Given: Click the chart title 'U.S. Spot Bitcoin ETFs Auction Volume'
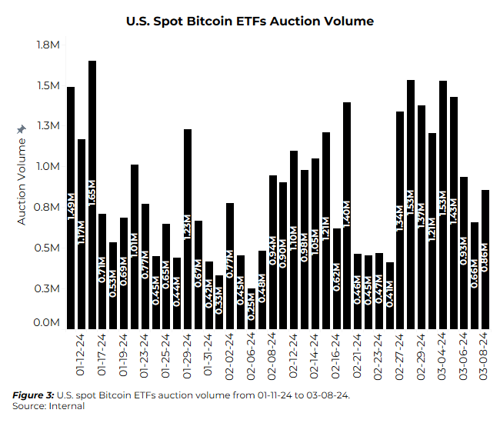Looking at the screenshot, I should [250, 22].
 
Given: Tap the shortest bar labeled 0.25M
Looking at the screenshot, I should [252, 307].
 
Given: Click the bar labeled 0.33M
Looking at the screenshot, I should [219, 300].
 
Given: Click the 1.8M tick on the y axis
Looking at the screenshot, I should [48, 45].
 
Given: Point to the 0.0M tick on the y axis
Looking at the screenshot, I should [48, 323].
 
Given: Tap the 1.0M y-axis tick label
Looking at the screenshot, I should [48, 167].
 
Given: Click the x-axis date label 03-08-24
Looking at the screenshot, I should [485, 356].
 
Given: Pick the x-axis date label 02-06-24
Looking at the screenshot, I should [252, 356].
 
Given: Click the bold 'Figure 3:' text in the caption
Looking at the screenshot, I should [34, 395].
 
